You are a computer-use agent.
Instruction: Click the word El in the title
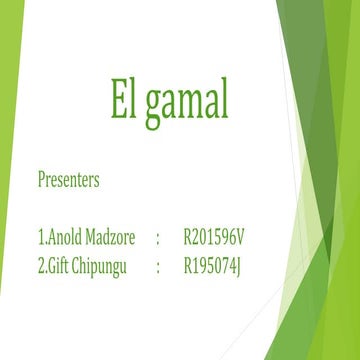(x=124, y=99)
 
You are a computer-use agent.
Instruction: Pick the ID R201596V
(x=214, y=240)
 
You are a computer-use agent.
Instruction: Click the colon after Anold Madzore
(x=157, y=241)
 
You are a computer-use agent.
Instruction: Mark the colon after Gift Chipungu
(x=157, y=268)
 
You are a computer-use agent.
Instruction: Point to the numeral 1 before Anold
(x=40, y=240)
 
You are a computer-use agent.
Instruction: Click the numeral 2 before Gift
(x=40, y=267)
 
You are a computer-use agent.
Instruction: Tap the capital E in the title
(x=118, y=99)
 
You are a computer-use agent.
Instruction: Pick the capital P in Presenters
(x=41, y=183)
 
